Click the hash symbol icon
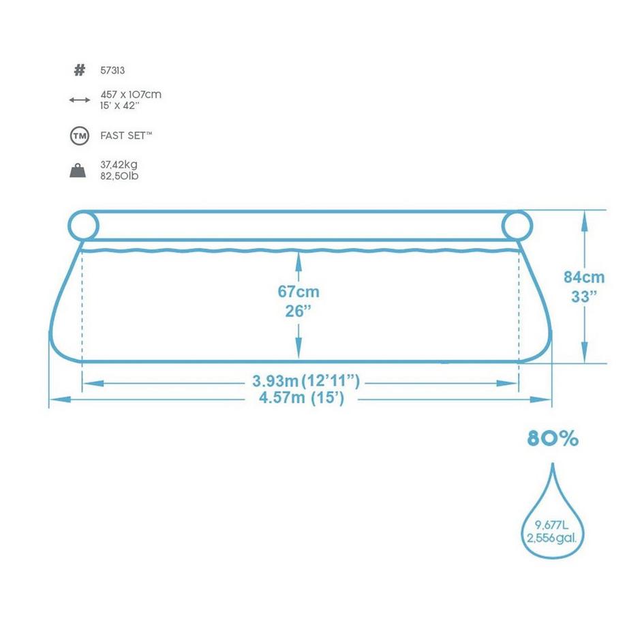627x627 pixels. pyautogui.click(x=80, y=70)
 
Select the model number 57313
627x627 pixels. pyautogui.click(x=121, y=70)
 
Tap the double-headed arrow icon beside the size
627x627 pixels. pyautogui.click(x=80, y=100)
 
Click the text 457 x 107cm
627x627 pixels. pyautogui.click(x=136, y=95)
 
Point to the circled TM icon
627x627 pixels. pyautogui.click(x=80, y=136)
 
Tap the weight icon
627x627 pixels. pyautogui.click(x=80, y=170)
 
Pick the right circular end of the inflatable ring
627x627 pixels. pyautogui.click(x=517, y=224)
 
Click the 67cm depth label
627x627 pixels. pyautogui.click(x=299, y=292)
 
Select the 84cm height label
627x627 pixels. pyautogui.click(x=584, y=277)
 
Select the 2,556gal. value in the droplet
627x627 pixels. pyautogui.click(x=553, y=538)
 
